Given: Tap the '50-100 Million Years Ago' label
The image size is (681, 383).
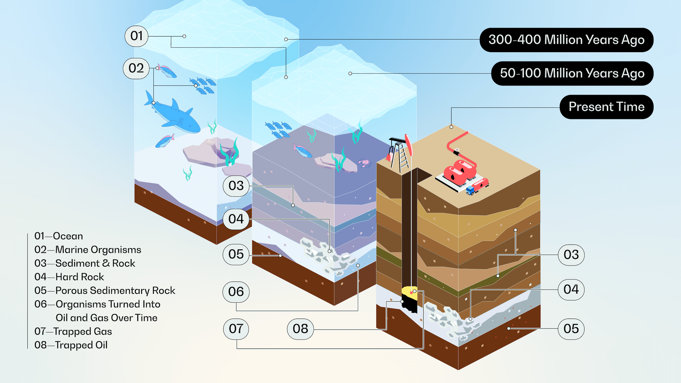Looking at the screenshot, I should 572,73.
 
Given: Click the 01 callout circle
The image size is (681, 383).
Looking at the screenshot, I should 136,36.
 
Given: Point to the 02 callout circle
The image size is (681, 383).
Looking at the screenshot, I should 136,69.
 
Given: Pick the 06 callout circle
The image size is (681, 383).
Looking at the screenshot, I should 236,292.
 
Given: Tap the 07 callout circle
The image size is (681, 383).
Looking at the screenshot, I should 236,329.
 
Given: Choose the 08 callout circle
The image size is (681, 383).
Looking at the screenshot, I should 300,329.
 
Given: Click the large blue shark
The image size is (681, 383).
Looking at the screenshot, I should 175,116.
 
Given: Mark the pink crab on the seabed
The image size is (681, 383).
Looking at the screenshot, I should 365,162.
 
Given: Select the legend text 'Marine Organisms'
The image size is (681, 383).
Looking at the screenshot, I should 98,250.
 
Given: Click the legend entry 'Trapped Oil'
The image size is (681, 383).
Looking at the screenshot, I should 81,345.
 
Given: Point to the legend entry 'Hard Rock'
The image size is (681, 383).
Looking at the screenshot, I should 80,277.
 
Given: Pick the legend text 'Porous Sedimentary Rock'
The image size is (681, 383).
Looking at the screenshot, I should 115,290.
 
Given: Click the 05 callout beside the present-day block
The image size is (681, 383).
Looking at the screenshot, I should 571,329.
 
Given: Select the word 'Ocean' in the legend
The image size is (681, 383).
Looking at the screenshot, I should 68,236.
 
